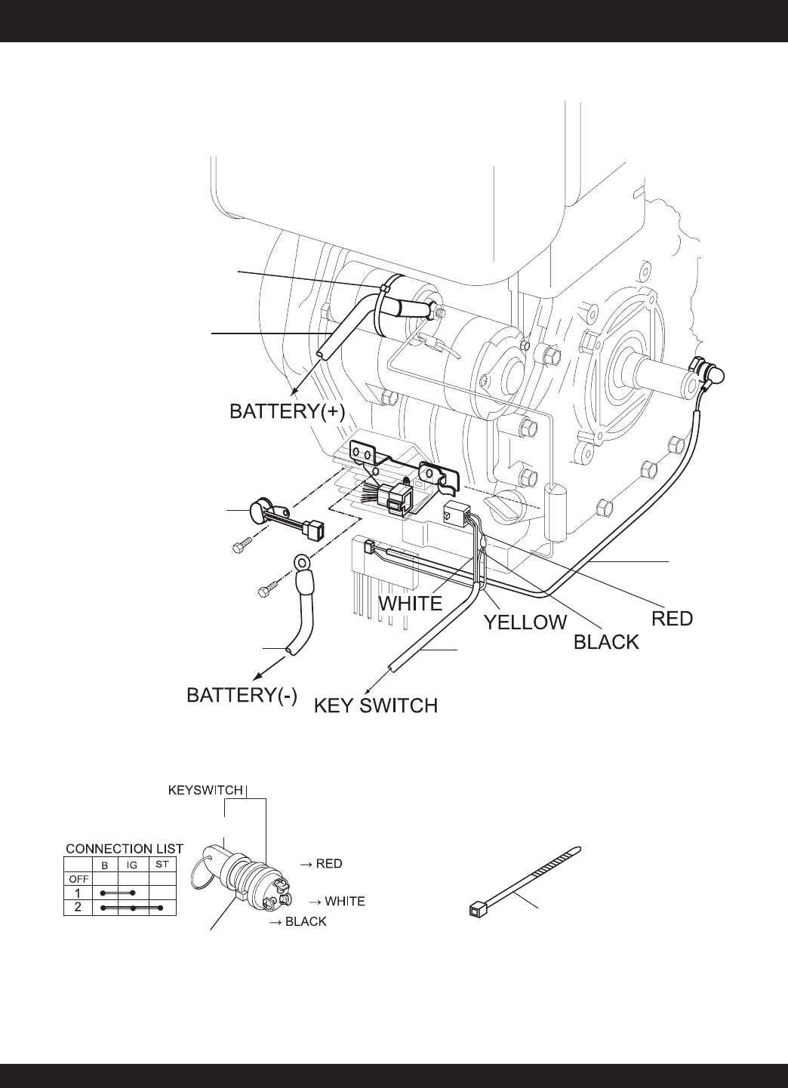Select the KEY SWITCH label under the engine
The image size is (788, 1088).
click(x=375, y=706)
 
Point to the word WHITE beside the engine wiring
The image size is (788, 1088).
click(x=410, y=604)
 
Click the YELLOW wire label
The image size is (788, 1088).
click(x=525, y=622)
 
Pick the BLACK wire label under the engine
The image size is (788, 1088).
click(x=606, y=642)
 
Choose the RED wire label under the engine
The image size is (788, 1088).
click(x=672, y=619)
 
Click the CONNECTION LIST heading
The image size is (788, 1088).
click(x=125, y=849)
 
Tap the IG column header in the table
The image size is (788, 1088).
click(x=132, y=865)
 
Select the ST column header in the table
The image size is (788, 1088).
click(x=162, y=865)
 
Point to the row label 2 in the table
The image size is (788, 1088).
click(x=78, y=907)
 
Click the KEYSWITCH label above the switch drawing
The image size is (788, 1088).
click(x=205, y=791)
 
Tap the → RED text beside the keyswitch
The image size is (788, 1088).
click(x=321, y=864)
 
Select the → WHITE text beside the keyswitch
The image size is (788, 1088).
click(x=337, y=901)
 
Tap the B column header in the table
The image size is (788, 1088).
click(x=105, y=865)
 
